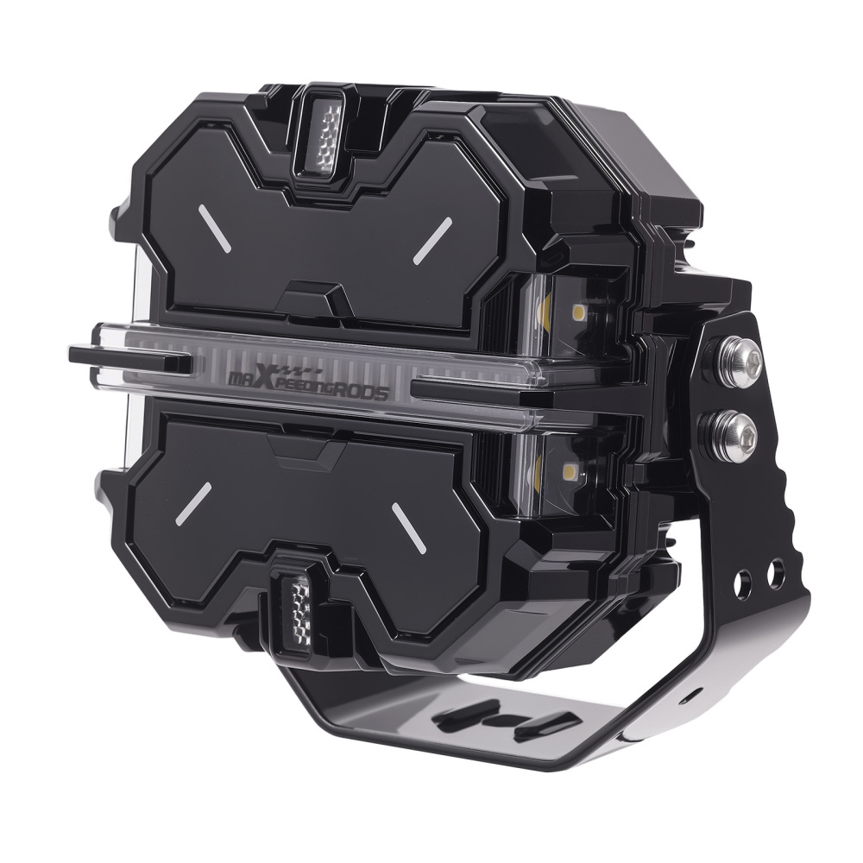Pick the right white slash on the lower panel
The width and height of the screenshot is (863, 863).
coord(410,526)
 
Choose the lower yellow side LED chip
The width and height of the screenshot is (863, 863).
coord(570,471)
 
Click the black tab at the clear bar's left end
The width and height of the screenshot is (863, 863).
coord(129,359)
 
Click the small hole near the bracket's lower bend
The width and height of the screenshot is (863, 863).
coord(689,690)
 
